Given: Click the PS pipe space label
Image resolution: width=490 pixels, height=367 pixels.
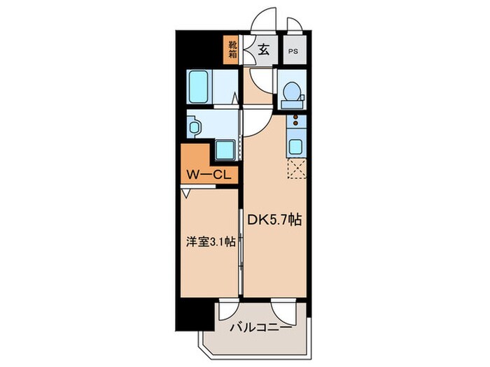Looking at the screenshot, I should (293, 51).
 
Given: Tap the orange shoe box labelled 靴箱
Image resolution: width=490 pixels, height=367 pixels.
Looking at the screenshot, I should (232, 50).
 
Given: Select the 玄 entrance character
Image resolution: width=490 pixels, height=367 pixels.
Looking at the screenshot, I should (262, 50).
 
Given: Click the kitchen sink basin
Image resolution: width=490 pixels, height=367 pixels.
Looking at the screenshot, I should (295, 147).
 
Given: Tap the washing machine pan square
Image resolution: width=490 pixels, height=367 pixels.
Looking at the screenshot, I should (225, 150).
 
